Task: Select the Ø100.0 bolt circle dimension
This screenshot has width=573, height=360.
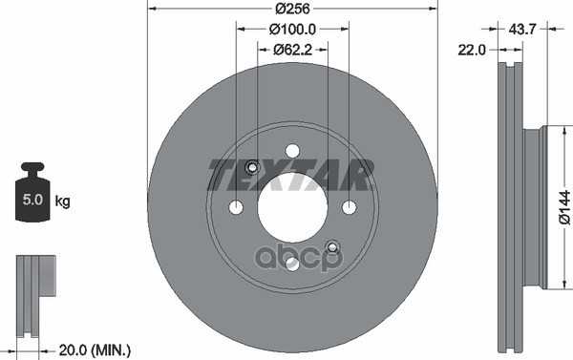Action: (x=291, y=31)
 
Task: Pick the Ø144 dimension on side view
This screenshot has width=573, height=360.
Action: (x=563, y=207)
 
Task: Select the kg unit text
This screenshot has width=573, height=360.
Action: (x=63, y=201)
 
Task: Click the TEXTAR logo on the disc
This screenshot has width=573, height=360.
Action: (x=291, y=174)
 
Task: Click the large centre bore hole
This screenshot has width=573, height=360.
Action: (x=292, y=207)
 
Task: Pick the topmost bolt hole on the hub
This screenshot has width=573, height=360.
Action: (x=292, y=150)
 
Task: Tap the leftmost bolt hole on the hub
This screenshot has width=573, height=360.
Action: (x=236, y=207)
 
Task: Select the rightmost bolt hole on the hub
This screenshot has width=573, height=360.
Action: (x=350, y=207)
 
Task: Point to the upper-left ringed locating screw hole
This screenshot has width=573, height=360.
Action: (x=252, y=168)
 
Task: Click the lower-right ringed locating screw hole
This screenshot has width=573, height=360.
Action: (x=332, y=247)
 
